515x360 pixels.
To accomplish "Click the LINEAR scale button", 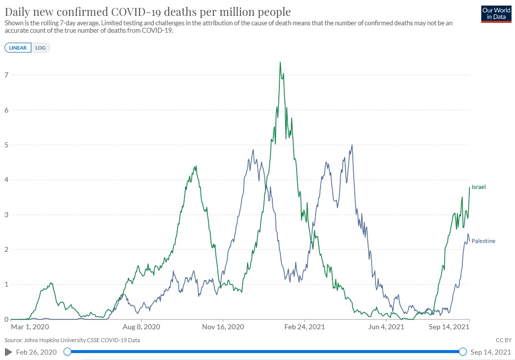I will pos(18,48).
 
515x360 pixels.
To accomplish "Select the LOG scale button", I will pos(40,48).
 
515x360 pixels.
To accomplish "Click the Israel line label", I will pos(478,187).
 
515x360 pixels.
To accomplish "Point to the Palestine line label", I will pos(483,241).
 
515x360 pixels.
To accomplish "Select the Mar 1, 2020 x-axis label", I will pos(30,327).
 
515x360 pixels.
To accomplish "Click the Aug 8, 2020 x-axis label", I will pos(141,327).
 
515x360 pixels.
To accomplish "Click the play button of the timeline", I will pos(8,352).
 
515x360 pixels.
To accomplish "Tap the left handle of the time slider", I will pos(67,352).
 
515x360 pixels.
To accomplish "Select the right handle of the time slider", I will pos(462,352).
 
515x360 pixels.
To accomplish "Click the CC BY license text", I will pos(503,340).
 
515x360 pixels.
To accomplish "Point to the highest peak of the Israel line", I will pos(280,62).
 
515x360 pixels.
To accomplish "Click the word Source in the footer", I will pos(13,340).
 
